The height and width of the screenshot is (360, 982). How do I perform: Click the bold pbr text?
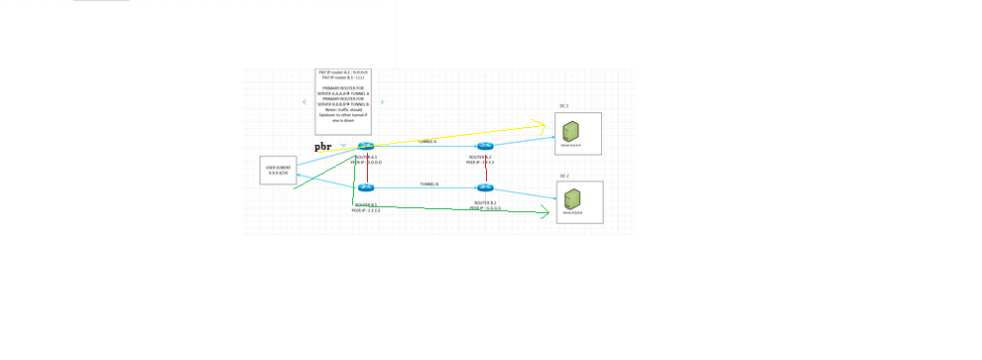click(323, 147)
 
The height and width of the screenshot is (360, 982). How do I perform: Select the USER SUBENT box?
click(277, 171)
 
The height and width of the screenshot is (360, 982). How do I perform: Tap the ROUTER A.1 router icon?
click(365, 146)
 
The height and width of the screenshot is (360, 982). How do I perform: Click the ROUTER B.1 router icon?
click(365, 187)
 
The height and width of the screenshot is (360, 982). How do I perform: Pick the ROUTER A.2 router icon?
click(485, 146)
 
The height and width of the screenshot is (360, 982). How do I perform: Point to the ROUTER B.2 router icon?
click(485, 187)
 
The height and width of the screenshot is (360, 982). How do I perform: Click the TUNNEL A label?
click(427, 142)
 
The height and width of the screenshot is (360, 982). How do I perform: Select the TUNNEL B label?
click(429, 183)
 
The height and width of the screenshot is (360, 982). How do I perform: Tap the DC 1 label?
click(563, 105)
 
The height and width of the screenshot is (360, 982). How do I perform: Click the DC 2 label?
click(563, 175)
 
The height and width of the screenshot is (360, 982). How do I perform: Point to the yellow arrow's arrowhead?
click(542, 125)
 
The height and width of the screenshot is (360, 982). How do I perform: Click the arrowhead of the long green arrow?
click(545, 212)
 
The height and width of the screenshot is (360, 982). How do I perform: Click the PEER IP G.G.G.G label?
click(485, 208)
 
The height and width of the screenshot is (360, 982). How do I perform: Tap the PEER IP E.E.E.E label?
click(366, 210)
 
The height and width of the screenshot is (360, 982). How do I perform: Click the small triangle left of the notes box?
click(305, 101)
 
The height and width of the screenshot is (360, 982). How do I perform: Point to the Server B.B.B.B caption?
click(572, 213)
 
